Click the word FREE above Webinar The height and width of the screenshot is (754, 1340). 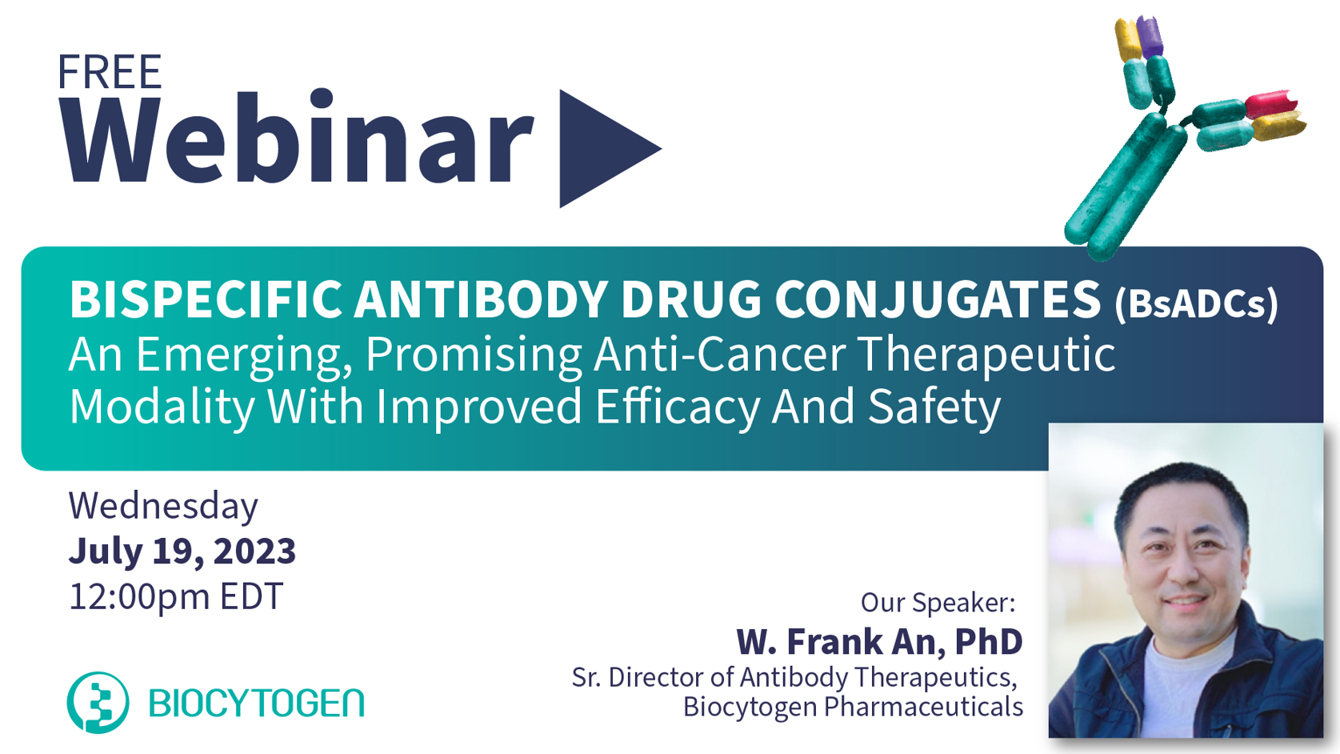(110, 72)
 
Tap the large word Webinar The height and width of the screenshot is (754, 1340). (298, 137)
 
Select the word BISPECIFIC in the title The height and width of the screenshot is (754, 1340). (206, 299)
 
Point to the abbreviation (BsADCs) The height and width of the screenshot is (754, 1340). (1196, 304)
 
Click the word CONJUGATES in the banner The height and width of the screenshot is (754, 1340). (938, 299)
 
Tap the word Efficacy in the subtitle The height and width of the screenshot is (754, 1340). (677, 407)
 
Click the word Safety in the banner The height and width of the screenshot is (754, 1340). (934, 407)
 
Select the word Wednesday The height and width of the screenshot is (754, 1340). (163, 506)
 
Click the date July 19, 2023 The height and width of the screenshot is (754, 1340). (182, 551)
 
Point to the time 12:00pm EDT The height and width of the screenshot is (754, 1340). (176, 596)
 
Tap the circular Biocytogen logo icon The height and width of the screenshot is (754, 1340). (98, 703)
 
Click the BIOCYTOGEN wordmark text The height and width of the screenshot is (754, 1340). (256, 703)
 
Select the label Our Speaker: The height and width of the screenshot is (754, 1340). (938, 602)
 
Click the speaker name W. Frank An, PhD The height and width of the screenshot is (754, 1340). (879, 641)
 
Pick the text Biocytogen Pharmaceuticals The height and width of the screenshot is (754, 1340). (853, 707)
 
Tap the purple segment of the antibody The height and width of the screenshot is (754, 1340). (1149, 37)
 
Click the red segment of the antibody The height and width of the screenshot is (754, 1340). (1270, 104)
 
